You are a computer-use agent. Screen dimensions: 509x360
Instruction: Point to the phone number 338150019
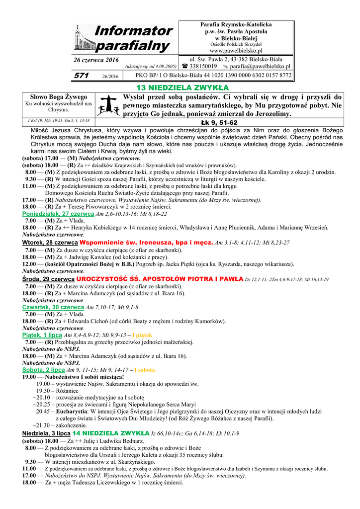(x=203, y=66)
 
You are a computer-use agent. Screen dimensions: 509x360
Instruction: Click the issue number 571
(x=81, y=76)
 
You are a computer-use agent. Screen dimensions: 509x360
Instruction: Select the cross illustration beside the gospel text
(x=107, y=106)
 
